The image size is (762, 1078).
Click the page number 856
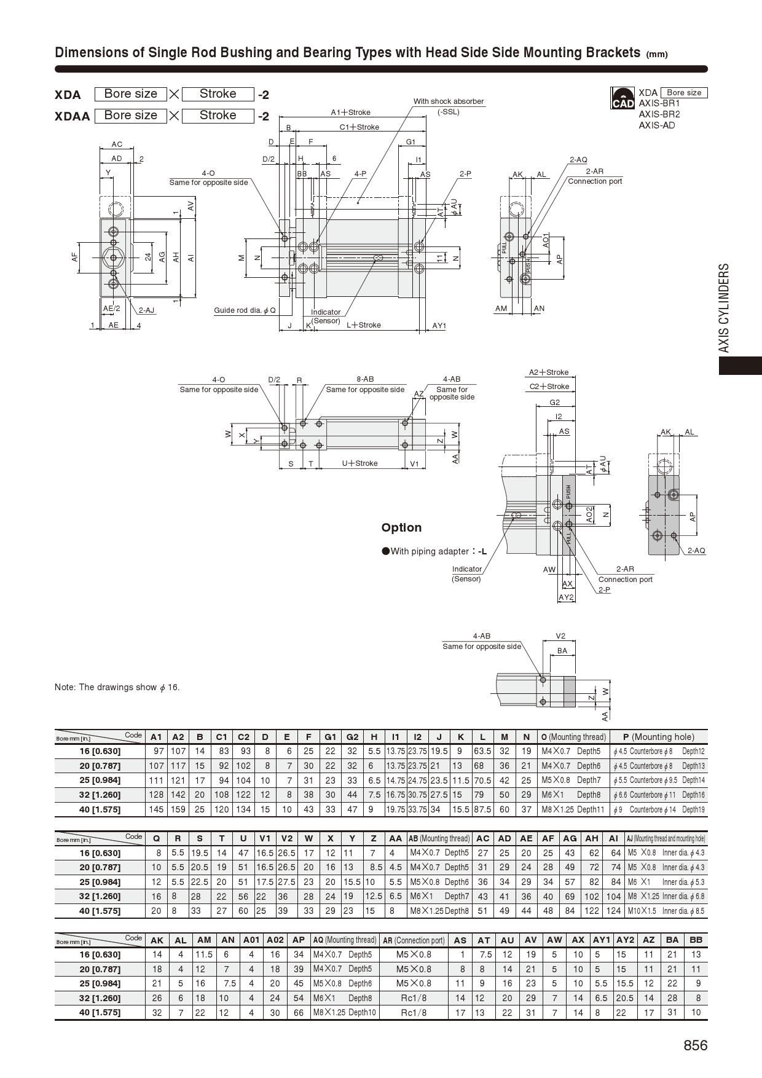695,1045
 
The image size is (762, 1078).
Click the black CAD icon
623,98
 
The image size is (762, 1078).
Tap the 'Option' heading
401,528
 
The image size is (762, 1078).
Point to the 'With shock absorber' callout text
449,101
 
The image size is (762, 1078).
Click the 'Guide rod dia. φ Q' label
245,310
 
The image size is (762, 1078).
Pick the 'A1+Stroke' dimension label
351,112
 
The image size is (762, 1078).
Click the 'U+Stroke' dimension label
359,463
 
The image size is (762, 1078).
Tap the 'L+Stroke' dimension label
364,325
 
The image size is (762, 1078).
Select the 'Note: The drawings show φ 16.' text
117,687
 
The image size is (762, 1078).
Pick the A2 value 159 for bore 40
178,809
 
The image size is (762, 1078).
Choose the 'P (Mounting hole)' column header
658,737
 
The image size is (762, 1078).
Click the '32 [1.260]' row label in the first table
100,795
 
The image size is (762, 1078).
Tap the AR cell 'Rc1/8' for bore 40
414,1012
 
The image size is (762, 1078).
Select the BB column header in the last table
696,940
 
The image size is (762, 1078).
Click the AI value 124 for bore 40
613,911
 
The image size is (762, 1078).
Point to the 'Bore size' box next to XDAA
130,116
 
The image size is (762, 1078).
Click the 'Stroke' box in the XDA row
218,94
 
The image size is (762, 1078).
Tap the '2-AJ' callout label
146,310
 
